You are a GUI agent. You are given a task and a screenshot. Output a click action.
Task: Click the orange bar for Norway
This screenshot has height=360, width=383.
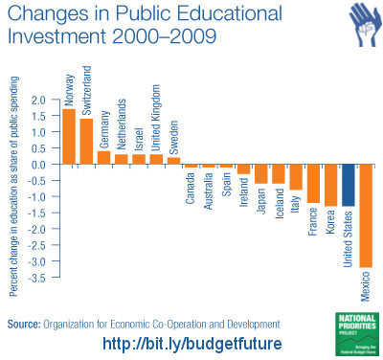point(69,136)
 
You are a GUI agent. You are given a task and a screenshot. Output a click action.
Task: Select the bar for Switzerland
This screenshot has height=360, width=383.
point(86,141)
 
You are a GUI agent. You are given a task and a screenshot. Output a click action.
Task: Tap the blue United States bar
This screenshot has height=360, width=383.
point(349,184)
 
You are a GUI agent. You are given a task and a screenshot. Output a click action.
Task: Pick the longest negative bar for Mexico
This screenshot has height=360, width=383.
point(366,215)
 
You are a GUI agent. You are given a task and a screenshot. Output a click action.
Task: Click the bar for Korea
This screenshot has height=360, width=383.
point(330,185)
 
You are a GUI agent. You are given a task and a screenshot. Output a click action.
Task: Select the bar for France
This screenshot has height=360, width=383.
point(313,183)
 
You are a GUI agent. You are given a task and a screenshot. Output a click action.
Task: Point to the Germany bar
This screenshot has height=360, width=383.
point(103,157)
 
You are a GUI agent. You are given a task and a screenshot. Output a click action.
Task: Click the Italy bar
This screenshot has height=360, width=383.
point(296,176)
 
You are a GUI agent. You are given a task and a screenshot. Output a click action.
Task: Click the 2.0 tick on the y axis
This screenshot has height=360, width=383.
point(38,100)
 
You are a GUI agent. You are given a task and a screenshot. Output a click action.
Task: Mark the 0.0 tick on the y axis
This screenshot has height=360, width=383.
point(38,164)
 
